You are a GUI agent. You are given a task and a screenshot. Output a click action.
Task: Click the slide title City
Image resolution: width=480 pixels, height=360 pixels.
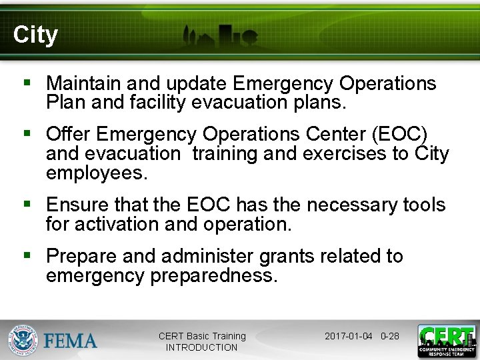(35, 35)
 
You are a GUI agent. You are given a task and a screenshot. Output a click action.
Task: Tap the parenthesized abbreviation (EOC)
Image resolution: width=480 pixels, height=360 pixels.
(404, 133)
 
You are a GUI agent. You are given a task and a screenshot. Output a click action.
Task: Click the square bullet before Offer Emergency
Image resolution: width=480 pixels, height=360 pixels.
(27, 134)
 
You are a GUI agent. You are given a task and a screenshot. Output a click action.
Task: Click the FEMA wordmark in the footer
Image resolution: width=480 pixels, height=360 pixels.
(71, 341)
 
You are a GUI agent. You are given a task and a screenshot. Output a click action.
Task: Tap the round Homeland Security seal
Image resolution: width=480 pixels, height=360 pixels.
(23, 340)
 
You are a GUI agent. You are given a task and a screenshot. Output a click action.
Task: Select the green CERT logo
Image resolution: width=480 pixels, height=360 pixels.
(446, 340)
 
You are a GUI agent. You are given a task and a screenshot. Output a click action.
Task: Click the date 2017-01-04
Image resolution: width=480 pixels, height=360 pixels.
(348, 336)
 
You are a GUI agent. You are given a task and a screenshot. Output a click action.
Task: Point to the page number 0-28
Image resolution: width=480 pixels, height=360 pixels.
(389, 336)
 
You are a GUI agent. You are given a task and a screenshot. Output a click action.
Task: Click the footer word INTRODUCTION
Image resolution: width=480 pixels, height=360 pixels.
(201, 347)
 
